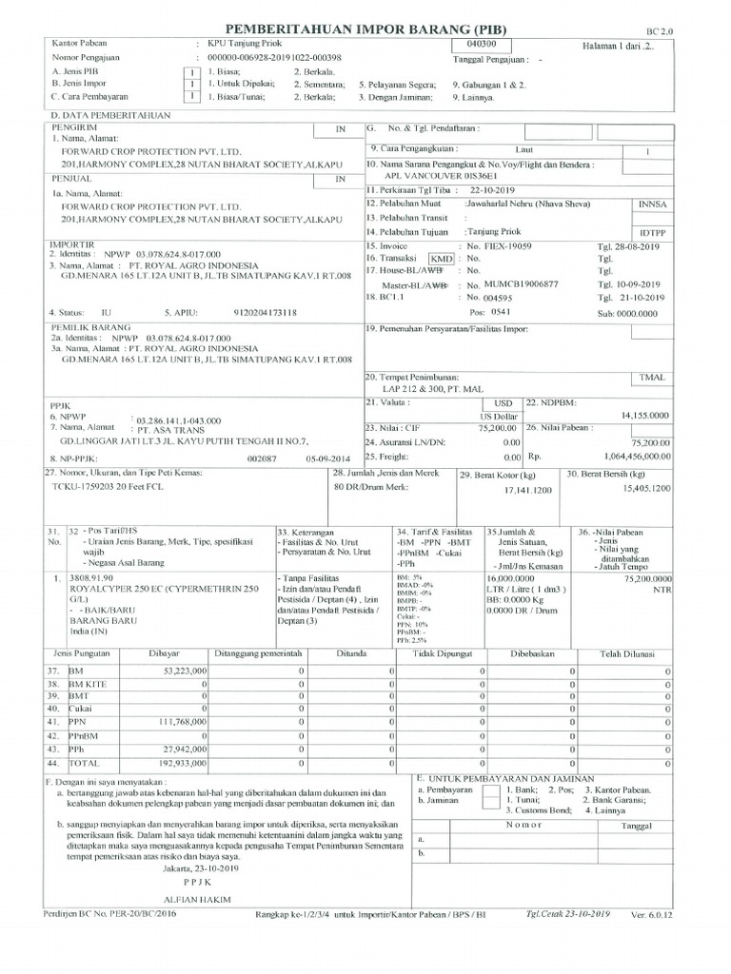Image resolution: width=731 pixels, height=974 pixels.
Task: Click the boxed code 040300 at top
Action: (484, 45)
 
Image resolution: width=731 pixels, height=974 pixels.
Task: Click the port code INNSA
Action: (653, 204)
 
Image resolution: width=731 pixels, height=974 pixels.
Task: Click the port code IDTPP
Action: (653, 231)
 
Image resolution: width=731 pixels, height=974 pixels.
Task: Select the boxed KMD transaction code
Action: (442, 259)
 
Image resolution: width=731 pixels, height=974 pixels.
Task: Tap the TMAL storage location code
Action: (652, 378)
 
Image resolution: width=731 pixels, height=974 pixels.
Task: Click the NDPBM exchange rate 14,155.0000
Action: (645, 416)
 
